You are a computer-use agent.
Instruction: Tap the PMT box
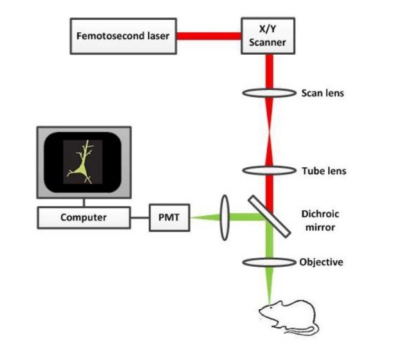click(169, 217)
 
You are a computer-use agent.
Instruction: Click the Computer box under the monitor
click(84, 217)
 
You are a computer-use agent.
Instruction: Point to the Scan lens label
click(322, 93)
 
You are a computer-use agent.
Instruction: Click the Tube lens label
click(324, 171)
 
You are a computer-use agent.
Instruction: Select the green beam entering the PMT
click(205, 217)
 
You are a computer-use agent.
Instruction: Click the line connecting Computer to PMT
click(138, 217)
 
